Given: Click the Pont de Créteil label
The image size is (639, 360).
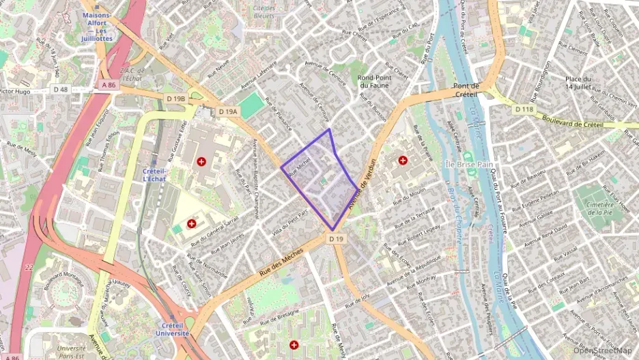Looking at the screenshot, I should (x=467, y=90).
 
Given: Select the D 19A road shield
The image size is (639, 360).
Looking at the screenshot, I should (x=228, y=111).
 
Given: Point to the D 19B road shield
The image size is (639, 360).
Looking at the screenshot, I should (x=175, y=99).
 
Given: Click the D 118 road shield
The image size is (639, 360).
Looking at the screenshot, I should (x=524, y=109).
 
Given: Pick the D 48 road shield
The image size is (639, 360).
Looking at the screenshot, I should (x=61, y=89).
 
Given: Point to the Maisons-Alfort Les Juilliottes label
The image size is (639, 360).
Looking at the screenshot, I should (x=96, y=26).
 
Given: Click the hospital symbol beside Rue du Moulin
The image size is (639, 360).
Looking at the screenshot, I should (x=403, y=161).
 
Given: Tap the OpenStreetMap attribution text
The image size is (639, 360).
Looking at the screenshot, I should (x=602, y=350).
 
